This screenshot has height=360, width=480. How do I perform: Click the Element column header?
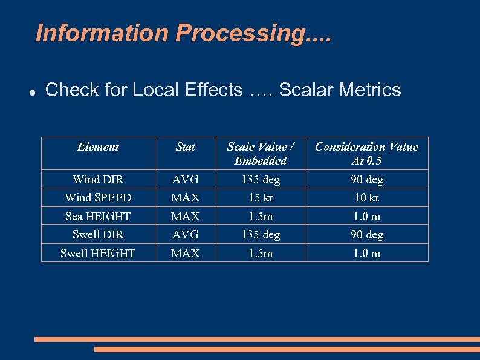pos(98,147)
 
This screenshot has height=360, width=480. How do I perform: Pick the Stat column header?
pos(185,147)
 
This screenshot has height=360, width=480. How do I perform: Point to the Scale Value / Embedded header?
pos(261,154)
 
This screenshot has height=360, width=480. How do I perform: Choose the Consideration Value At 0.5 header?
pos(366,154)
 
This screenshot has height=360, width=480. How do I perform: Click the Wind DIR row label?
pos(98,179)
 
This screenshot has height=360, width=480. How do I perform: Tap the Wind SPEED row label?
pos(98,198)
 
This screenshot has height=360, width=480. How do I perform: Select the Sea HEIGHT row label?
pos(98,216)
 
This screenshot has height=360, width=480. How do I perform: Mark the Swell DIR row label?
pos(98,234)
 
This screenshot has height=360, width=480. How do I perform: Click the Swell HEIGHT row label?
pos(98,253)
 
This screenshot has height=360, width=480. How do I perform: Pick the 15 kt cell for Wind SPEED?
pos(261,198)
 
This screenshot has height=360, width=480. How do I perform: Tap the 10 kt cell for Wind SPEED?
pos(366,198)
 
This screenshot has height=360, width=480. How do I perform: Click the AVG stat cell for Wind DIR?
pos(185,179)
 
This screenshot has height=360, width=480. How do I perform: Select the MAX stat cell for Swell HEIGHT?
pos(185,253)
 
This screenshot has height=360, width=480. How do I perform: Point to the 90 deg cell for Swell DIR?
pos(366,234)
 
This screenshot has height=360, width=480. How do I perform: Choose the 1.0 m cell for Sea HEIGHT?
pos(366,216)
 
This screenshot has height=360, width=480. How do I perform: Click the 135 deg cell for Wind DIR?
pos(261,179)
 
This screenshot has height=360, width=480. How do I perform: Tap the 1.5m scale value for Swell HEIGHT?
pos(261,253)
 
